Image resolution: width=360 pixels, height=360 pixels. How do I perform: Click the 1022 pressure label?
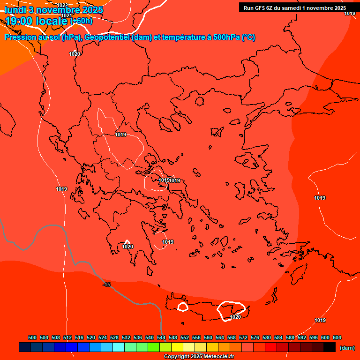click(63, 5)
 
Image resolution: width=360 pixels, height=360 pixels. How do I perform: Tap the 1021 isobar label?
click(67, 15)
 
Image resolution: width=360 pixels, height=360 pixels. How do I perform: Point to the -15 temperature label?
click(107, 285)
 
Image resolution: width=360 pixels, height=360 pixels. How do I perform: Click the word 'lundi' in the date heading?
click(15, 10)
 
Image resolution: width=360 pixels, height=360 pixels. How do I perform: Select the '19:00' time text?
click(19, 21)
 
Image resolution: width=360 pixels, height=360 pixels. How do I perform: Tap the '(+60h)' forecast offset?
click(81, 21)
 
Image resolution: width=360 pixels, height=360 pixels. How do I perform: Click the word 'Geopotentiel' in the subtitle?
click(107, 37)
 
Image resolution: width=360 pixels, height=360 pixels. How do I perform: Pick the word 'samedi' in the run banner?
click(292, 8)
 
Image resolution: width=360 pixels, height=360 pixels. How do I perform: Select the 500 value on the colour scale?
click(32, 337)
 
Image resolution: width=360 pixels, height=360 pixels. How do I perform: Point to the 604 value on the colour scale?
click(337, 337)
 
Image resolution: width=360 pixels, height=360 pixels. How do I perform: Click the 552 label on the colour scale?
click(185, 337)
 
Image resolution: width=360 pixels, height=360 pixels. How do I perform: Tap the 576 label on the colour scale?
click(255, 337)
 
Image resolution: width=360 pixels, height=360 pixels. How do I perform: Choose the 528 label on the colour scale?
click(114, 337)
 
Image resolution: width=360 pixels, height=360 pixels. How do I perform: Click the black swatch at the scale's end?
click(329, 347)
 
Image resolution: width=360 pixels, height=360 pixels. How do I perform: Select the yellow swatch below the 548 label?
click(177, 347)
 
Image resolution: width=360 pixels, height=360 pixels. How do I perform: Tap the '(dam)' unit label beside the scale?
click(347, 347)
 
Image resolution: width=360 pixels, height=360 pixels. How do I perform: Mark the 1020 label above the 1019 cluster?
click(75, 54)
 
